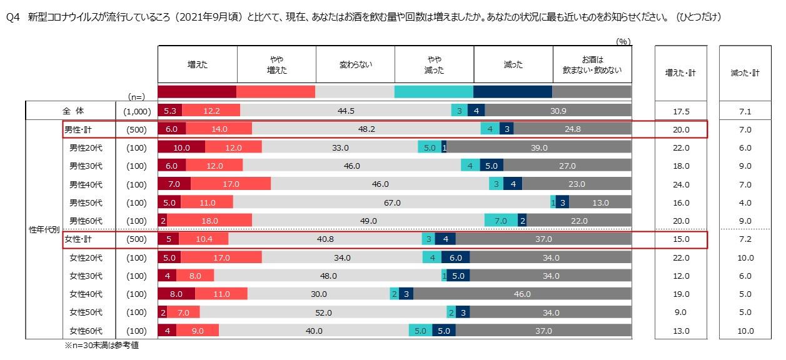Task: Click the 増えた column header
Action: [198, 64]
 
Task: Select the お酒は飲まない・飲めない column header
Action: [592, 64]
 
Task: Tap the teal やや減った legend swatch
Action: [434, 92]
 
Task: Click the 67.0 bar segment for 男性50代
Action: [392, 202]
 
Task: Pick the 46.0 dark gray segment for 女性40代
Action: [521, 294]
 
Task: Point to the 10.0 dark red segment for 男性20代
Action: [181, 147]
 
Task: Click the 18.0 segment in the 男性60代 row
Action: [209, 221]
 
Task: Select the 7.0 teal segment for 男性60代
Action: [501, 221]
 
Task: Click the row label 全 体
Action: [73, 111]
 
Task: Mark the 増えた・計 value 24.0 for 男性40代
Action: [680, 184]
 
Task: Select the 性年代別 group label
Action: [44, 229]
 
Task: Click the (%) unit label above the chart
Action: [623, 41]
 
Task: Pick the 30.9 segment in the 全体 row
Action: [557, 111]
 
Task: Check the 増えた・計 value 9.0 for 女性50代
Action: [680, 312]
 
